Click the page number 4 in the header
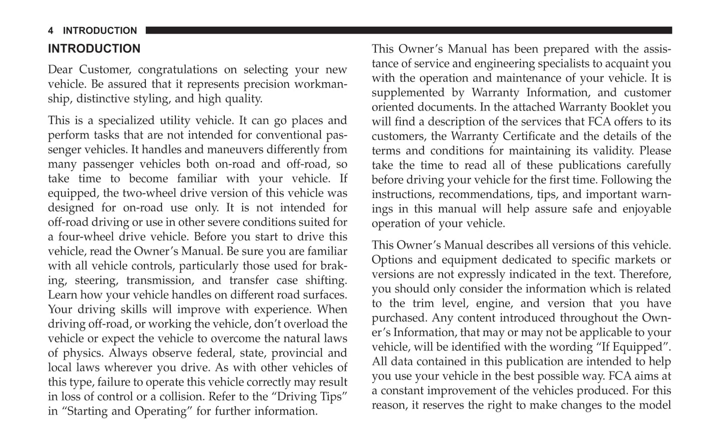point(50,31)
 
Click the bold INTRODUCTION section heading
point(94,49)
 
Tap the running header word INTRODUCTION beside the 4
point(100,31)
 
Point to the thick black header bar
point(408,30)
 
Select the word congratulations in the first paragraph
point(177,70)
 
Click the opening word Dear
point(59,70)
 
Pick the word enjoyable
point(644,209)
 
